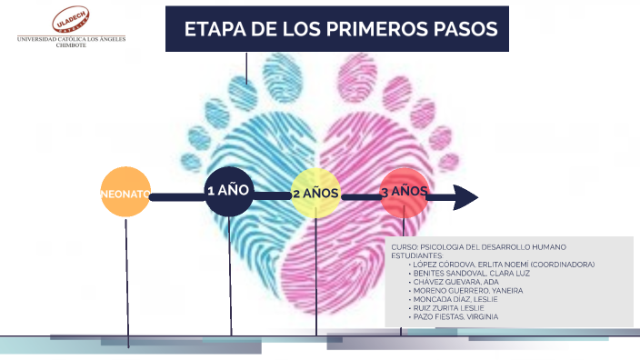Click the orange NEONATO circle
(x=125, y=193)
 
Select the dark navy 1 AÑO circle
(x=228, y=191)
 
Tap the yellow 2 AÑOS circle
(x=315, y=194)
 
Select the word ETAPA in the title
(x=212, y=29)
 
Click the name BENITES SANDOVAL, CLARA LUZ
(x=464, y=274)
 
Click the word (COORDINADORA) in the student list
(x=565, y=265)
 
